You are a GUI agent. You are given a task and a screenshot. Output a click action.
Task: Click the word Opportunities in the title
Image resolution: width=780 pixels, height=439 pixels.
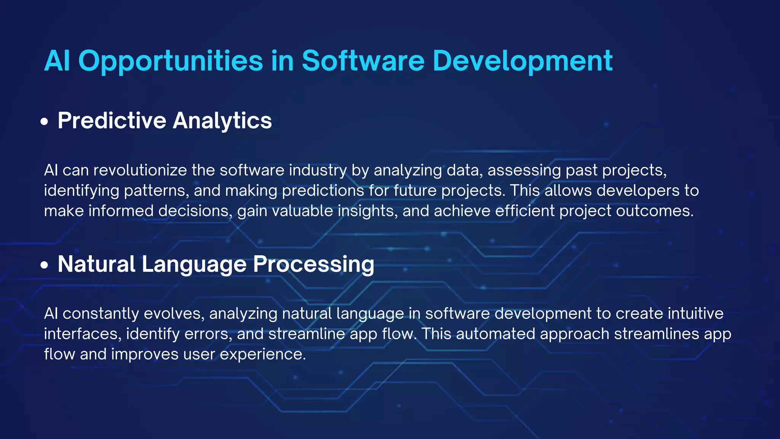point(170,61)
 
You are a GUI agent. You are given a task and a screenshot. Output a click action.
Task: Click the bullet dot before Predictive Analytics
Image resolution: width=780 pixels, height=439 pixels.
point(45,122)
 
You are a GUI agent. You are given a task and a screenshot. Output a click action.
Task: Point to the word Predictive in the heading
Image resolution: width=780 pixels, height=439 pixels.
point(112,121)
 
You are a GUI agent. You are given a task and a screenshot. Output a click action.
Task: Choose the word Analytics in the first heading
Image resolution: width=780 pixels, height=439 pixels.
point(222,121)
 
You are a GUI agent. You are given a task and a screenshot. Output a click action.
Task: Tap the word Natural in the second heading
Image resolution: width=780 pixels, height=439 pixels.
point(96,264)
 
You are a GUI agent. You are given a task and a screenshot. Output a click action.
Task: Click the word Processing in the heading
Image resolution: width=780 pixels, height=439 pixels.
point(313,264)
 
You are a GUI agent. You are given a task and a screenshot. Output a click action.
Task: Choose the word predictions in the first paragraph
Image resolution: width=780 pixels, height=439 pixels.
point(323,191)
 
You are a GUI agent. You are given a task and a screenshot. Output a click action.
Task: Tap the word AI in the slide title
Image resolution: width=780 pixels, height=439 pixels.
point(57,61)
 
